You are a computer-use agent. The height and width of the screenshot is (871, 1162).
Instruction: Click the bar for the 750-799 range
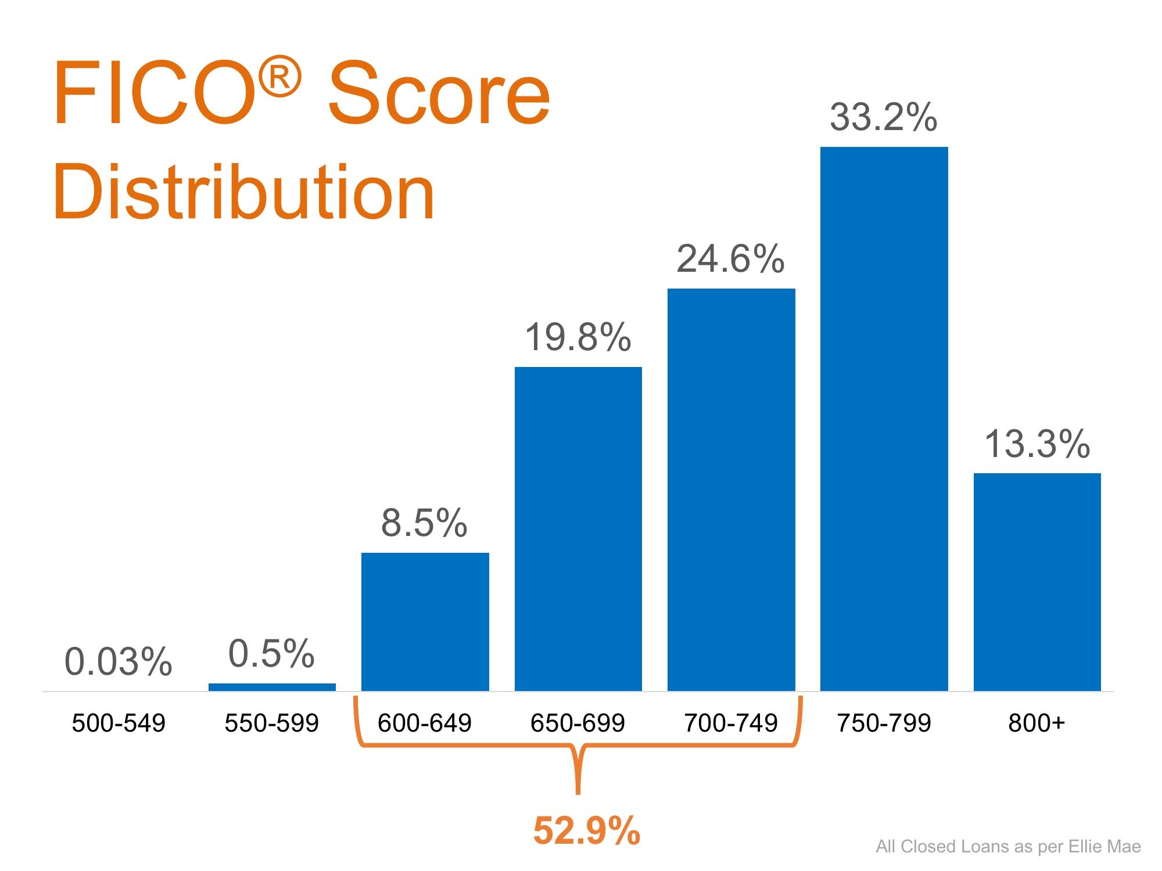(884, 418)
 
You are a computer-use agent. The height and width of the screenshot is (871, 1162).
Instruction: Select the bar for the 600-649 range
(425, 621)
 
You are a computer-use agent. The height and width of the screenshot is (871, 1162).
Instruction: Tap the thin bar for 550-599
(272, 687)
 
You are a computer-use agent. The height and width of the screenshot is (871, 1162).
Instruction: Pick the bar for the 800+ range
(1037, 581)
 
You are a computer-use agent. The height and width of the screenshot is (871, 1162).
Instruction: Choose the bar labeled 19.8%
(578, 528)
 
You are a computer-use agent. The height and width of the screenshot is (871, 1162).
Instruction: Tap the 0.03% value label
(119, 661)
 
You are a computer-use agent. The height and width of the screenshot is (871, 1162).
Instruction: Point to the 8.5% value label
(424, 522)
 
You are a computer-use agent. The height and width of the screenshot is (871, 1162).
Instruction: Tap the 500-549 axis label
(119, 723)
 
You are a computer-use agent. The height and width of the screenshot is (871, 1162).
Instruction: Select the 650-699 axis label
(578, 723)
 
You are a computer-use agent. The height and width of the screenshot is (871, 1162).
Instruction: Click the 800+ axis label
(1037, 723)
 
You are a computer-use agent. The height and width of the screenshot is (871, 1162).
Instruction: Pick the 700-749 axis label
(730, 723)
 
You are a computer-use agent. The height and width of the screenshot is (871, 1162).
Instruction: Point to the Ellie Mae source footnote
(1008, 846)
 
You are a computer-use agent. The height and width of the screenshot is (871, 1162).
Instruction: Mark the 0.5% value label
(271, 653)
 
